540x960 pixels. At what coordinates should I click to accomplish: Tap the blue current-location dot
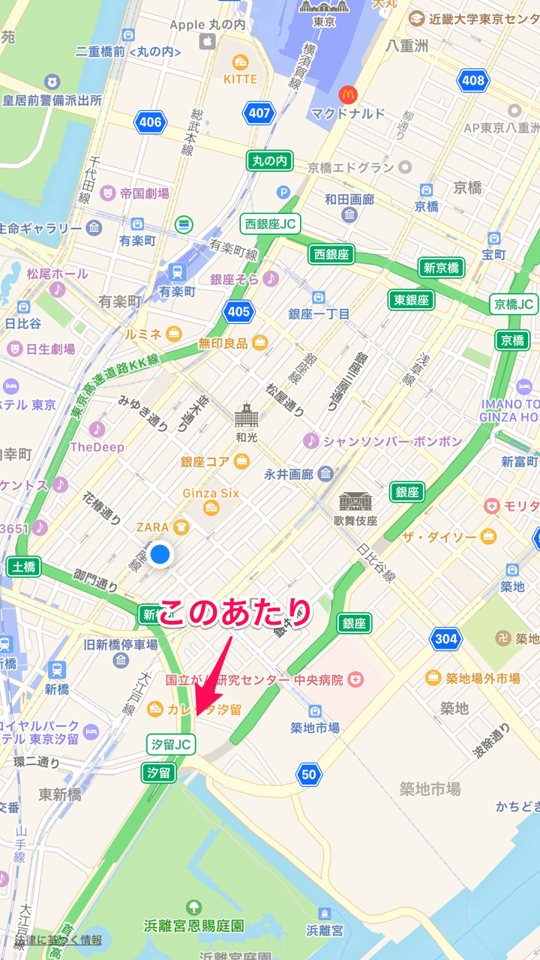point(160,555)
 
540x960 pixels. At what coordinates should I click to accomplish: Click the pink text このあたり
point(234,613)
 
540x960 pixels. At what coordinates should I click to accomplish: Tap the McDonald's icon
point(347,94)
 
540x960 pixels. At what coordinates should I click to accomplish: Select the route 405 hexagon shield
point(238,311)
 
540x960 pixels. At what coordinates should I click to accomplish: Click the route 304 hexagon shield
point(445,639)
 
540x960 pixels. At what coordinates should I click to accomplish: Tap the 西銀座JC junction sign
point(269,223)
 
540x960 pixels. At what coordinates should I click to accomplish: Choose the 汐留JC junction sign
point(171,744)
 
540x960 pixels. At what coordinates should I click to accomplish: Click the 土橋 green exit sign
point(23,567)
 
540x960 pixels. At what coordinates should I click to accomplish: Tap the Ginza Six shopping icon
point(211,509)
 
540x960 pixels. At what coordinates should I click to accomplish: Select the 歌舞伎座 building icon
point(355,502)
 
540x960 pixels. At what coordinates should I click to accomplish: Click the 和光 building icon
point(246,415)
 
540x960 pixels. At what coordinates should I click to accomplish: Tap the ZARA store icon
point(181,527)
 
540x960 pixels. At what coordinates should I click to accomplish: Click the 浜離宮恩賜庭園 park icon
point(193,907)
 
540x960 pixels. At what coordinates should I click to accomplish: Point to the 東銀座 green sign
point(412,300)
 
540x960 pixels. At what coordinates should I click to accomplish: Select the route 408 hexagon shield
point(473,80)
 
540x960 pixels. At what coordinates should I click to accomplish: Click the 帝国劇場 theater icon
point(107,193)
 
